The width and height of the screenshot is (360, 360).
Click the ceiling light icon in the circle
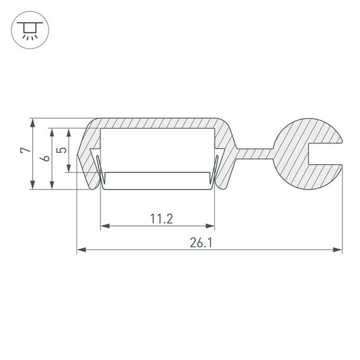(x=28, y=29)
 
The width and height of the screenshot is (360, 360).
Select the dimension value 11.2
(x=162, y=219)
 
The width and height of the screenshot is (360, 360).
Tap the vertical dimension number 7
(x=24, y=152)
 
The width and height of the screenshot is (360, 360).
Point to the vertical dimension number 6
(x=44, y=159)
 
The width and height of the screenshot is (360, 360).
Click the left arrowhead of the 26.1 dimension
(x=81, y=251)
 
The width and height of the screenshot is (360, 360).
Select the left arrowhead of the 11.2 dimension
(x=105, y=225)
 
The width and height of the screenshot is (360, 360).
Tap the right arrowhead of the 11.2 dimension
(x=211, y=225)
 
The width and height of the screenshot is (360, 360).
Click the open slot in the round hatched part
(x=326, y=154)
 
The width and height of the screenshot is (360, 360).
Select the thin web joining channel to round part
(x=255, y=154)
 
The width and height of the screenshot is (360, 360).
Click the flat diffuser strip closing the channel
(x=158, y=179)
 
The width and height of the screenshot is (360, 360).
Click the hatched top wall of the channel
(x=158, y=123)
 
